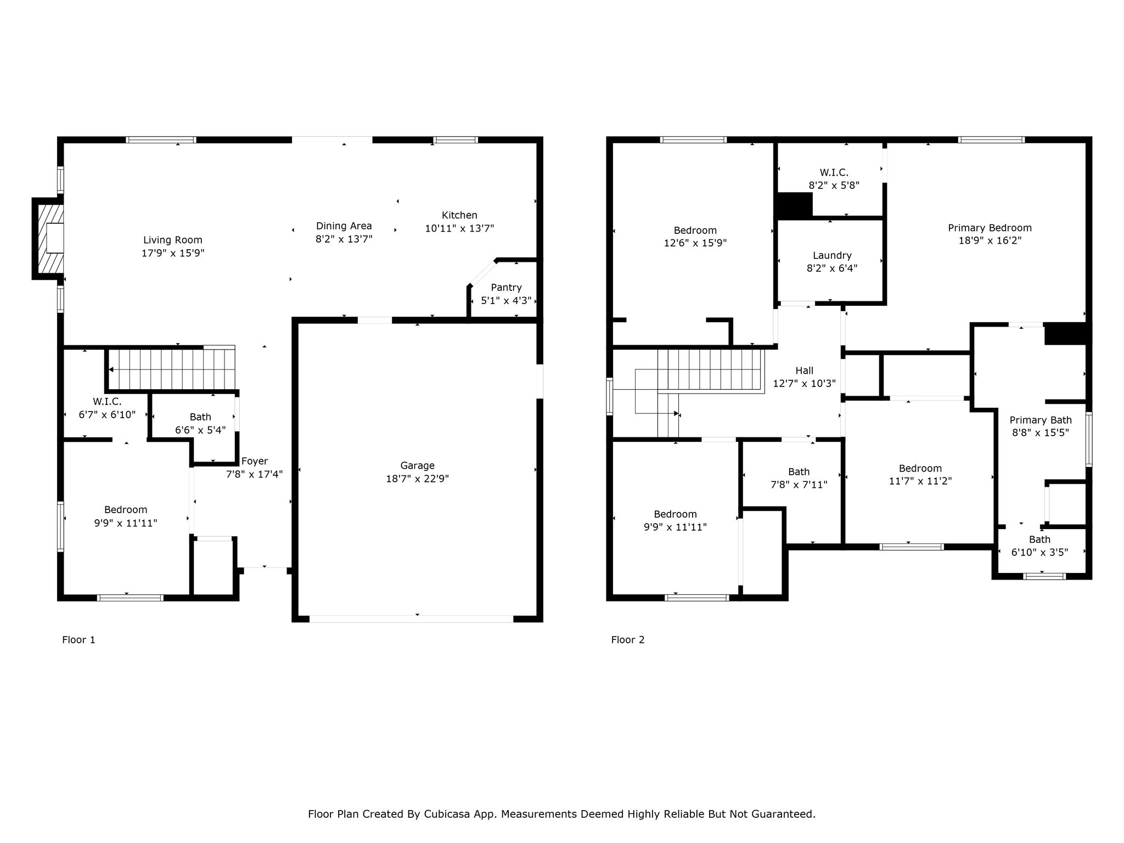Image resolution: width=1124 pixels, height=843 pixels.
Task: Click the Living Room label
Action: [173, 240]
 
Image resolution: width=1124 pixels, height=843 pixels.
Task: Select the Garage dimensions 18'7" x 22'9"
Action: [417, 479]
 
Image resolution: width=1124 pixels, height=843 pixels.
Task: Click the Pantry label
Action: [506, 287]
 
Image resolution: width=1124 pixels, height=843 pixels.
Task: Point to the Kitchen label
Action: [459, 215]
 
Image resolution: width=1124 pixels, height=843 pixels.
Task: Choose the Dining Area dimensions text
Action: [344, 239]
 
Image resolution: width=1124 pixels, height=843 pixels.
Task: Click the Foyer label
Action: [255, 461]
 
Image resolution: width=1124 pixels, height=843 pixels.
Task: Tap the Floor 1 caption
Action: [78, 639]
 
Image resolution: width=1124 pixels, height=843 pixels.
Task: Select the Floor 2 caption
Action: [628, 639]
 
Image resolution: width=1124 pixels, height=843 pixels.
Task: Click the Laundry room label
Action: [832, 255]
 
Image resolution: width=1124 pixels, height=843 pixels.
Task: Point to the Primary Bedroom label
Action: [990, 228]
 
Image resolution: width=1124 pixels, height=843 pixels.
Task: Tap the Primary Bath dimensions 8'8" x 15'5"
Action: [1041, 432]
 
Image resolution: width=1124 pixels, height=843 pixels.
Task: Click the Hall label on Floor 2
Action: [804, 370]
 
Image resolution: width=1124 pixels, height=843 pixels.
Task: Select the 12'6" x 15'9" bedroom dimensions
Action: [695, 243]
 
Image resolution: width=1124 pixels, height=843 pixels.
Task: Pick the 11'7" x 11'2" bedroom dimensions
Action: [920, 481]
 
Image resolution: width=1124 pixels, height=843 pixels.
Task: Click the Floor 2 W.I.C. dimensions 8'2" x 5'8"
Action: [834, 185]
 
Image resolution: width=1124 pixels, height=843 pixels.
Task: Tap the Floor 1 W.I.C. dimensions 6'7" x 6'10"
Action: [107, 414]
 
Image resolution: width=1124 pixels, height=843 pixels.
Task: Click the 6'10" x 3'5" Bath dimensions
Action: [1039, 552]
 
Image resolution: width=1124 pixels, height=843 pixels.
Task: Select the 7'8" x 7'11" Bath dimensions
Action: [799, 485]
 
